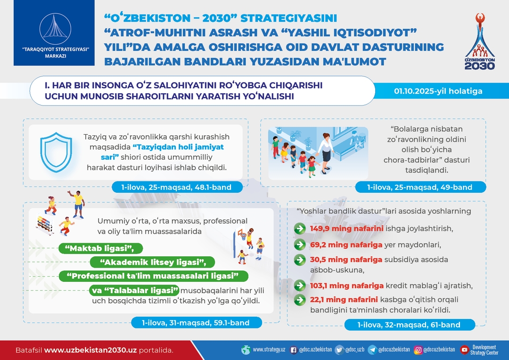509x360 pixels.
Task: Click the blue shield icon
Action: click(x=56, y=152)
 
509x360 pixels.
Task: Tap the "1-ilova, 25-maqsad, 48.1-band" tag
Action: click(x=177, y=188)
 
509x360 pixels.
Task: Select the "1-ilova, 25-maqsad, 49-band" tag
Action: click(x=420, y=188)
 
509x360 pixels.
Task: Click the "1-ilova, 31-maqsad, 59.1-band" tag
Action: click(x=196, y=323)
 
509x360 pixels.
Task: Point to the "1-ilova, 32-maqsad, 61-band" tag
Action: click(x=410, y=325)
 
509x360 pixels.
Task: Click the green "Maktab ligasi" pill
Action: click(x=101, y=248)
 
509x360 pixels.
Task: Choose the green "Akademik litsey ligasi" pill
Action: click(x=153, y=262)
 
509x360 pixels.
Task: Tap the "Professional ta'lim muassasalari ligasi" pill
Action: click(x=153, y=276)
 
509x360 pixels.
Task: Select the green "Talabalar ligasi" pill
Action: click(x=134, y=290)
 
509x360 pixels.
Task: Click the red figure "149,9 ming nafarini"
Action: click(x=346, y=229)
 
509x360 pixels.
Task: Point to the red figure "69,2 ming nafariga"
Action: click(x=346, y=245)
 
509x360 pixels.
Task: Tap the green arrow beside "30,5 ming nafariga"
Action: click(x=300, y=260)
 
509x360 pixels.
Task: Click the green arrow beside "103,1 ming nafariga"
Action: click(x=300, y=286)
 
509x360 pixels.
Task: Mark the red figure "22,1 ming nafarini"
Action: click(x=344, y=300)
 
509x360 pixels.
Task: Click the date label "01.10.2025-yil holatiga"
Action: click(x=438, y=91)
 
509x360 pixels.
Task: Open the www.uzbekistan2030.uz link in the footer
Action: click(x=90, y=350)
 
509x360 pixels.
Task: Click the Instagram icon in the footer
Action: click(x=418, y=350)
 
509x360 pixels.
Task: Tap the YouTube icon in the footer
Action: click(x=464, y=350)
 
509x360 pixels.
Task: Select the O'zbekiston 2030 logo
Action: click(x=480, y=41)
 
